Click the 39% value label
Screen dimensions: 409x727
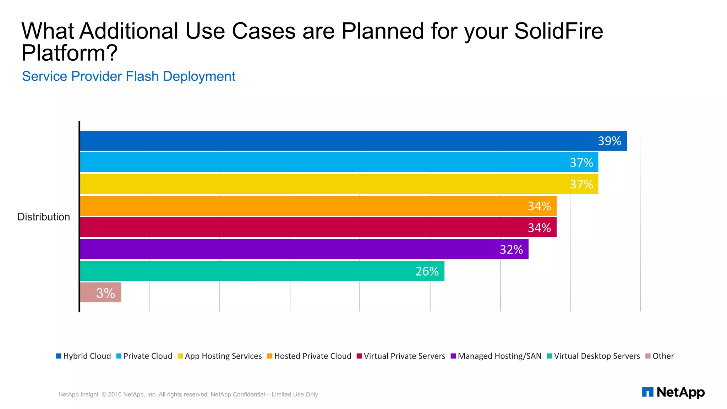pos(609,141)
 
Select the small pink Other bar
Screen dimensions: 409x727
pos(101,293)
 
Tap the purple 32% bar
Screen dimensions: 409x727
pos(304,249)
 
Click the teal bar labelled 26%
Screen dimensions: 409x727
pos(262,271)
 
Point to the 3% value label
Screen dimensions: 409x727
pos(105,293)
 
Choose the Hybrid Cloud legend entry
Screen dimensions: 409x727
pos(84,356)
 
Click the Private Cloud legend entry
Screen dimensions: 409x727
pos(144,356)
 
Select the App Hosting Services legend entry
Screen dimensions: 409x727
pos(220,356)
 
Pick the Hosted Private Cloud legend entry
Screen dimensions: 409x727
pos(309,356)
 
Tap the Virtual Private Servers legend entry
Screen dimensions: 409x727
pos(401,356)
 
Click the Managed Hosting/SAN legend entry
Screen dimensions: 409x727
pos(496,356)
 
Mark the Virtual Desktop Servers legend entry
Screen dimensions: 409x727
pos(594,356)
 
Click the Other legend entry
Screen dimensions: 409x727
pos(660,356)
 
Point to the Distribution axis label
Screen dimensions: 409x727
pos(44,217)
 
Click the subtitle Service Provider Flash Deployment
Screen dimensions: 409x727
pos(129,76)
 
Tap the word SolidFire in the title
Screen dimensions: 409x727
pos(558,31)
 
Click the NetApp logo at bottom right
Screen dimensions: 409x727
pos(673,392)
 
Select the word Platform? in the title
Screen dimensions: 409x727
pos(69,53)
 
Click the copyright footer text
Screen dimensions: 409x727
pos(188,394)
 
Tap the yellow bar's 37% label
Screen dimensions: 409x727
pos(581,184)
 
